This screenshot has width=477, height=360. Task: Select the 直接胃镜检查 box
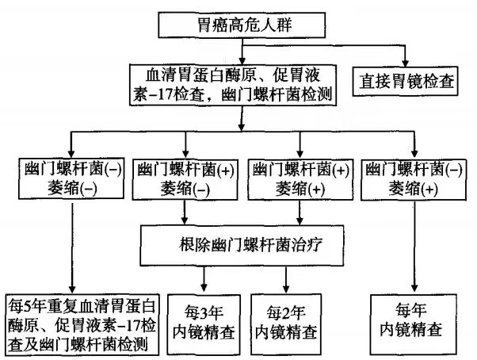point(406,81)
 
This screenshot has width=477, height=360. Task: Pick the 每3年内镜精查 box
point(206,324)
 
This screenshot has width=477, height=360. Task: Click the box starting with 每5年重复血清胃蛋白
point(82,324)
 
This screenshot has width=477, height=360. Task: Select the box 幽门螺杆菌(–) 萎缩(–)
point(71,178)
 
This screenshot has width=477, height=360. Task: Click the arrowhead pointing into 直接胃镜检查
point(407,63)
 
